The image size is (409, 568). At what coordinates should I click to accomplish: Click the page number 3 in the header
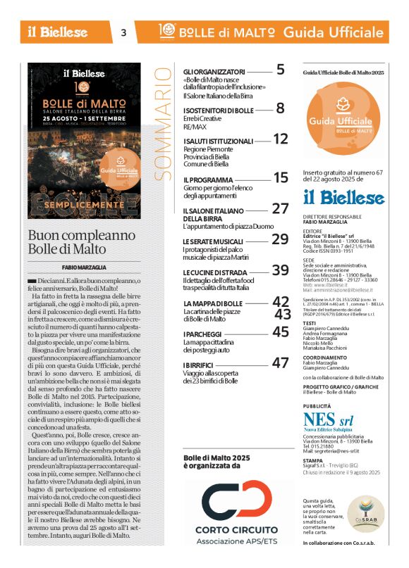(124, 32)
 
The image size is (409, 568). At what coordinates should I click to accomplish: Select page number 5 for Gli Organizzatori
(281, 70)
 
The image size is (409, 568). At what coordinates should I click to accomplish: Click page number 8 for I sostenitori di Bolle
(281, 108)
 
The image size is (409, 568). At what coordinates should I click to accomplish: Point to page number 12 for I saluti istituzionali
(281, 139)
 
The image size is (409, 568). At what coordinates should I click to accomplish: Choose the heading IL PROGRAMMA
(203, 180)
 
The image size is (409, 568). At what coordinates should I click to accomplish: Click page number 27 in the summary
(281, 208)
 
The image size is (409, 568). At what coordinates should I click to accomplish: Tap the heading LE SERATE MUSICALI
(213, 241)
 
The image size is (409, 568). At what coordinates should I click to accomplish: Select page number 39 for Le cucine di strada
(281, 270)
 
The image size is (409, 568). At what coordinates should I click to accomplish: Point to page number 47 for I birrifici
(281, 363)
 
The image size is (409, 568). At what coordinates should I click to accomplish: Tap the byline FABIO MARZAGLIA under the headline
(85, 267)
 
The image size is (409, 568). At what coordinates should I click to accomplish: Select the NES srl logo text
(329, 420)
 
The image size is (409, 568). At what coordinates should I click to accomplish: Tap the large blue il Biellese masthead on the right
(343, 196)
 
